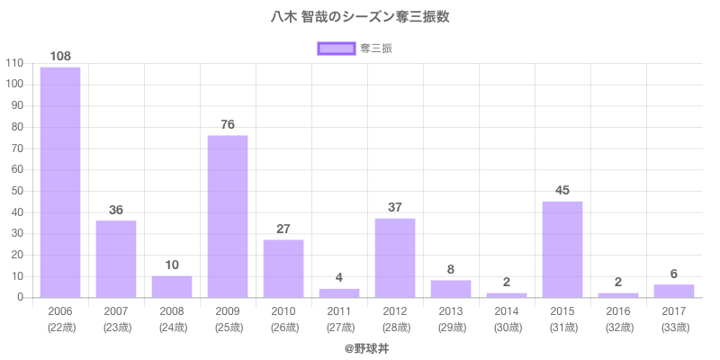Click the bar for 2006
point(60,183)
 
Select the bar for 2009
point(228,217)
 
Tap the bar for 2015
point(562,249)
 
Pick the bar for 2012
point(395,258)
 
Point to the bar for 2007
point(116,259)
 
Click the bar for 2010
point(283,269)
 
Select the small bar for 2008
point(172,287)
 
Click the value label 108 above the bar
point(60,56)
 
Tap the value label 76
point(228,124)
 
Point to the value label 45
point(562,190)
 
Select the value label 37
point(395,207)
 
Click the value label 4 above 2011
point(339,277)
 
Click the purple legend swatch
point(337,49)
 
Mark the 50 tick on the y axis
point(16,191)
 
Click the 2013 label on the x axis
point(451,311)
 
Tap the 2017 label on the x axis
point(674,311)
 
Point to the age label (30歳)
point(507,327)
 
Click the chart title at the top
point(360,17)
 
